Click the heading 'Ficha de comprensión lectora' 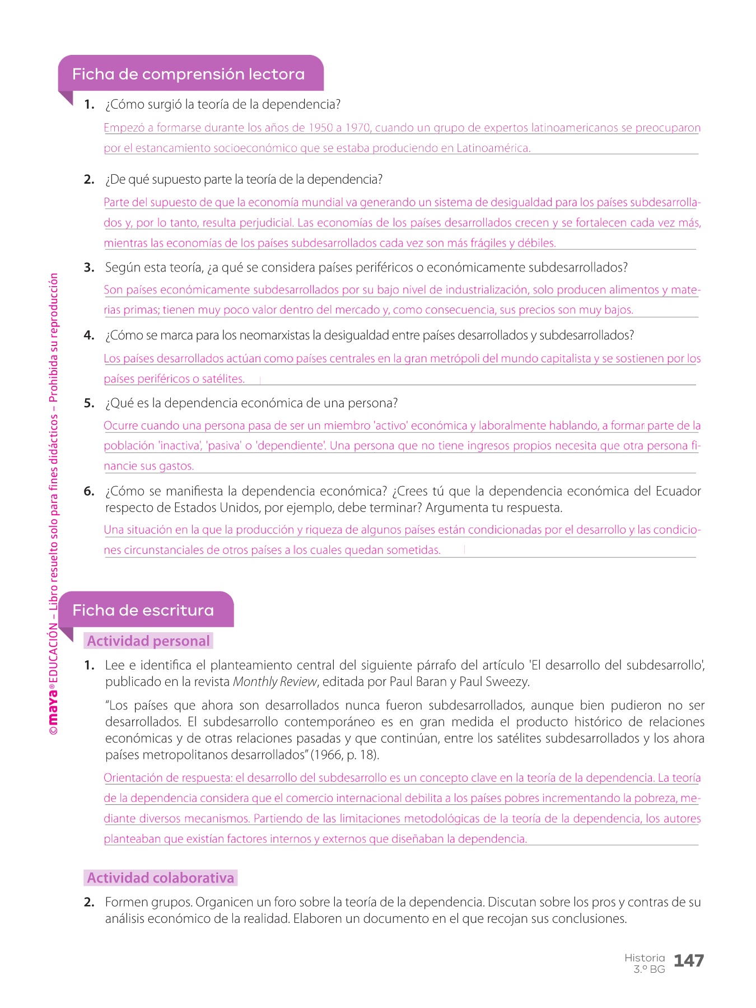(188, 74)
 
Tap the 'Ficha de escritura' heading (143, 610)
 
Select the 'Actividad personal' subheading (148, 641)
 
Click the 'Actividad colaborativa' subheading (160, 878)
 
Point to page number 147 (688, 961)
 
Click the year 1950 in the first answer (321, 128)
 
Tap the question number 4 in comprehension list (89, 335)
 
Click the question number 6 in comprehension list (89, 492)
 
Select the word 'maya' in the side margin (53, 706)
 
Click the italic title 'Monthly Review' (275, 682)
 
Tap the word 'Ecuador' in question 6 (678, 491)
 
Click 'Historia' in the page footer (645, 958)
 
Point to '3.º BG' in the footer (649, 969)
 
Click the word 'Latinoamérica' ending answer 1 (493, 148)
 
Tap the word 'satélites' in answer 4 (223, 379)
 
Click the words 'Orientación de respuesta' (167, 778)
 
